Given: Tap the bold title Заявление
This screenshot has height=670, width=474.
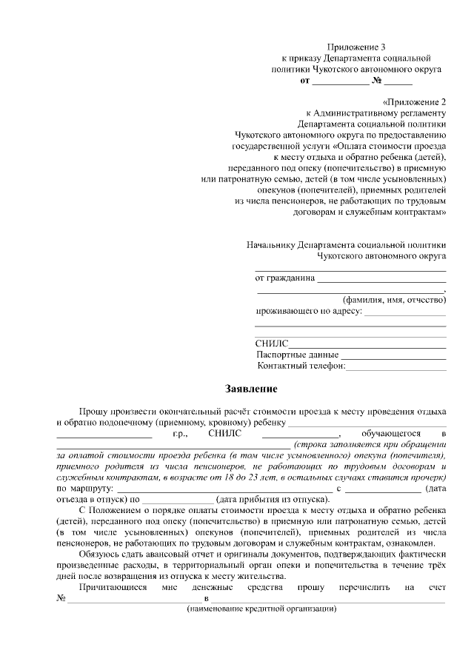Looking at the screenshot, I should (251, 388).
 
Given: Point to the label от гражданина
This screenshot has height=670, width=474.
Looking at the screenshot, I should (284, 279).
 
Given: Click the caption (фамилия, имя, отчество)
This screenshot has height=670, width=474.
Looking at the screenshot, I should (394, 300).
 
